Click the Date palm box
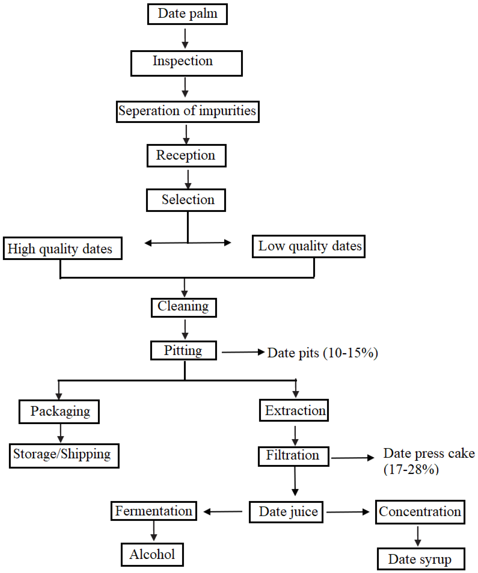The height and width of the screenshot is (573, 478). point(187,14)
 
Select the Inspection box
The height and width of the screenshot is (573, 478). point(186,63)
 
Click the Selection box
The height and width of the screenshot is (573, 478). point(186,200)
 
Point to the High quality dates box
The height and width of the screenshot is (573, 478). point(62,248)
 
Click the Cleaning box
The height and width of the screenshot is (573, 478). point(184,308)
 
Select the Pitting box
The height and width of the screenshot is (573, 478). point(183,351)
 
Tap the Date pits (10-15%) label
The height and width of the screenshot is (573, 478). point(322,353)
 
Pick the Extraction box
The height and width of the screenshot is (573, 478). point(294,410)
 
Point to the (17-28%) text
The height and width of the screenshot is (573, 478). point(411,469)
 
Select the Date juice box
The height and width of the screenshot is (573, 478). point(286,512)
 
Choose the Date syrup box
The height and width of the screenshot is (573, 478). point(421,559)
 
